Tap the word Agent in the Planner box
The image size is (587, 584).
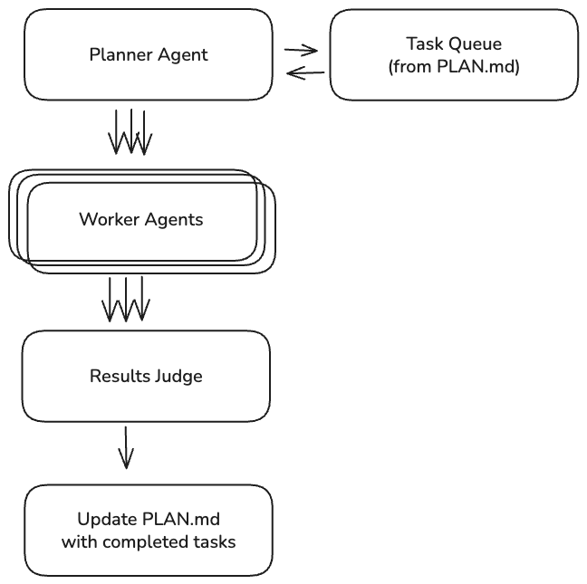pos(181,54)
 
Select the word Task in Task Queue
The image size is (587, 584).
pos(423,43)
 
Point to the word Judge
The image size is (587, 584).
pos(178,376)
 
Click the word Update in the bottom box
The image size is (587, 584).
pos(108,520)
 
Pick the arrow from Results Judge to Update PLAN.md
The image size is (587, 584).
pos(126,447)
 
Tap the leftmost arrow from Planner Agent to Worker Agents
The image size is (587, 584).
pos(117,132)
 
